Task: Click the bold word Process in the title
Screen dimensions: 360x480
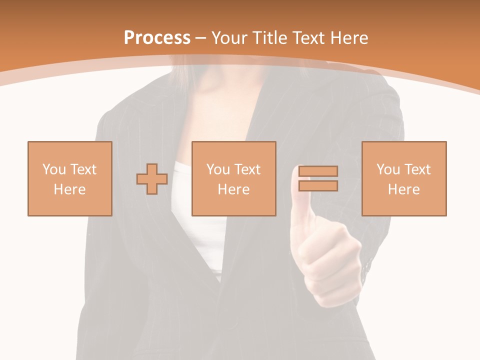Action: tap(157, 38)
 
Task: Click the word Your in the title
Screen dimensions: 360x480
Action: tap(230, 38)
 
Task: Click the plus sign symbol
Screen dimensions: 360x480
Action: tap(152, 179)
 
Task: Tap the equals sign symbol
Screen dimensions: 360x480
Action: tap(318, 178)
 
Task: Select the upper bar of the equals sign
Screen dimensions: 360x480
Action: tap(318, 171)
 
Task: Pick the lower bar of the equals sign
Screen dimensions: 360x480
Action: tap(318, 185)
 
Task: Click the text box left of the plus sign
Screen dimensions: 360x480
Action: tap(69, 178)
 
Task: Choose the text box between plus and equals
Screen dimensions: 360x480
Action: tap(233, 178)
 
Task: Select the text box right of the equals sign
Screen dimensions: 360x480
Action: tap(403, 178)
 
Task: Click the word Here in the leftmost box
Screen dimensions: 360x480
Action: tap(69, 189)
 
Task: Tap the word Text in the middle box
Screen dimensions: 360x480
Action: tap(246, 169)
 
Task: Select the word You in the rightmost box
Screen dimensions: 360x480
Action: tap(388, 169)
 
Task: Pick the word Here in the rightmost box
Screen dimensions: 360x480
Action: tap(403, 189)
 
